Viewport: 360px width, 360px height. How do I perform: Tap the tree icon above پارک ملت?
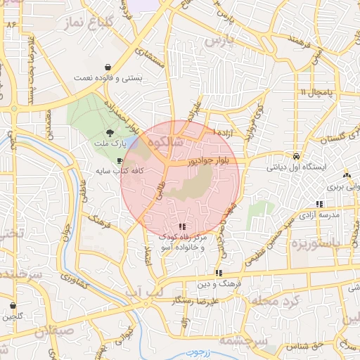point(110,132)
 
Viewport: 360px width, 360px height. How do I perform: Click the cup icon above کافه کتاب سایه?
point(120,160)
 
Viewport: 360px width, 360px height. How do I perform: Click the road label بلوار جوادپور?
point(210,161)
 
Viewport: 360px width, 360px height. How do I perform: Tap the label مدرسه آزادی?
point(320,214)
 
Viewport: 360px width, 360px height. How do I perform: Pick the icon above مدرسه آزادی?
point(320,204)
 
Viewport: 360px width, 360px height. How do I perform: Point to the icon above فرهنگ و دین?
point(219,273)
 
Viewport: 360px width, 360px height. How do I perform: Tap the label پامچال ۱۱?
point(314,92)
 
